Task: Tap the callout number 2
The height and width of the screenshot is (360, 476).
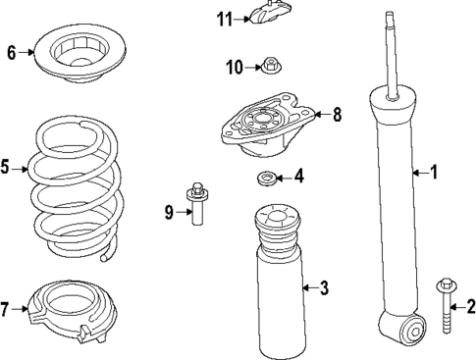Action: (470, 306)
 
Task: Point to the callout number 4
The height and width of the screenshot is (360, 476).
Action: (298, 177)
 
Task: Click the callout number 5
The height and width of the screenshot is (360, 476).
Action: (6, 169)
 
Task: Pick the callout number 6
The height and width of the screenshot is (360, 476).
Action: (12, 53)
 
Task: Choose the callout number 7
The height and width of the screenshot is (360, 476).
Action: (6, 310)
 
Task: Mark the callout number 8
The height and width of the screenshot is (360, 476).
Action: (336, 115)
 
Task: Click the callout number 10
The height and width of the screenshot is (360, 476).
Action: (234, 67)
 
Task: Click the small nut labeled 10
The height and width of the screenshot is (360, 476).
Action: (268, 67)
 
